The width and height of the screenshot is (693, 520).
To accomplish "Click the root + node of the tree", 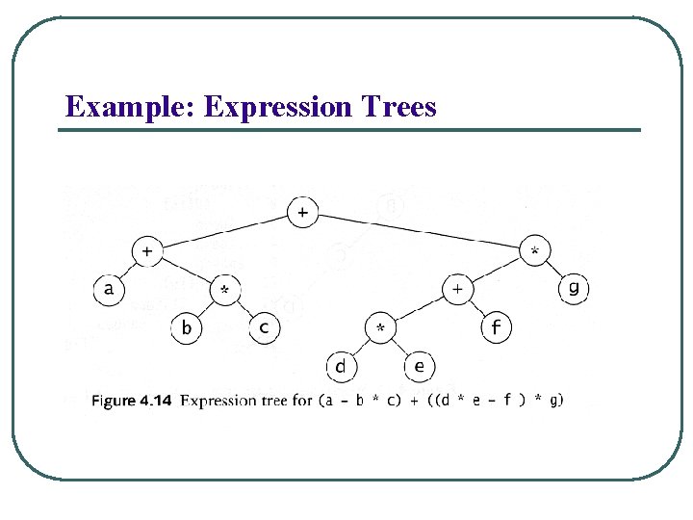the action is [x=303, y=213].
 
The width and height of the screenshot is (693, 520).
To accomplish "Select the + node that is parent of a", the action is [x=146, y=251].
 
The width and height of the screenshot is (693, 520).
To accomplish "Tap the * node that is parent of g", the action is [x=535, y=251].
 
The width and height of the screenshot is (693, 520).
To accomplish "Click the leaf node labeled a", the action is [x=109, y=289].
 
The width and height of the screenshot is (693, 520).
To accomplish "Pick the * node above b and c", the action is [x=224, y=290].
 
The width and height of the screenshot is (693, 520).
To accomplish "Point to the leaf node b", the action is [x=186, y=328].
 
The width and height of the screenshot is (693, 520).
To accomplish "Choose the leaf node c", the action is [x=264, y=327].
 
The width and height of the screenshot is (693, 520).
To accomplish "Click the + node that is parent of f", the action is [x=457, y=289].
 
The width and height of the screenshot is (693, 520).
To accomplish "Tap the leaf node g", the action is [x=574, y=288].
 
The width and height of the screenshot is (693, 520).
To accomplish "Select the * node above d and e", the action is [x=380, y=328].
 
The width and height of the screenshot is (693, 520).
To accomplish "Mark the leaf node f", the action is [x=496, y=328].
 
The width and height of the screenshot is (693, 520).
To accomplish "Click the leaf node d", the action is [x=341, y=367].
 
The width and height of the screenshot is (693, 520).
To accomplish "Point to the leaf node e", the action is [x=419, y=366].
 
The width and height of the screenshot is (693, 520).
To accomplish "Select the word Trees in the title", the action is [x=398, y=107].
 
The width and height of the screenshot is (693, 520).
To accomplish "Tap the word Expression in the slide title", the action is [x=279, y=107].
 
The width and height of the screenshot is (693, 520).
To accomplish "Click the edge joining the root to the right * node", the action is [x=420, y=232].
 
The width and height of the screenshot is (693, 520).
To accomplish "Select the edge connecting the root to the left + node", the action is [x=224, y=232].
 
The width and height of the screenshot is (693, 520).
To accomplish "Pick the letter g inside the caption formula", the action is [x=555, y=401].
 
